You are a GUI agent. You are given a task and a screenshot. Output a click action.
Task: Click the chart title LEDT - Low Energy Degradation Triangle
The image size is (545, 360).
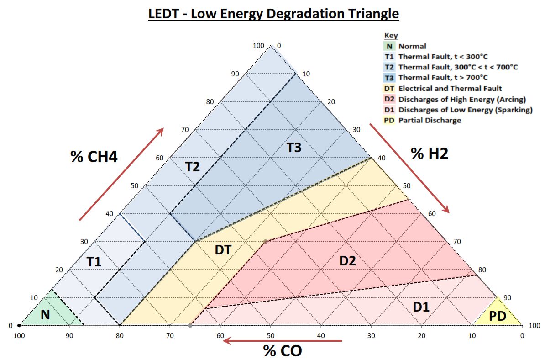(273, 14)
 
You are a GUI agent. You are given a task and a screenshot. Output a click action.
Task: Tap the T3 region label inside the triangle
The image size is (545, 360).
(294, 148)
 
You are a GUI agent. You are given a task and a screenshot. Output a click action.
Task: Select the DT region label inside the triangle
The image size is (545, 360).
(223, 249)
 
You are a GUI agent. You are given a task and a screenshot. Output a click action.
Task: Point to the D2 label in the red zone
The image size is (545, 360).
(347, 261)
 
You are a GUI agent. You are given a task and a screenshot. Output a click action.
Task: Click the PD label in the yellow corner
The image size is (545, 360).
(498, 316)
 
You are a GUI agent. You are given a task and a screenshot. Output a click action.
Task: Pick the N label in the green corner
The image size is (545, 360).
(45, 314)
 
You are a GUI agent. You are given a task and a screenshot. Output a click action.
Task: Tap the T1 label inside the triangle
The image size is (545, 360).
(94, 262)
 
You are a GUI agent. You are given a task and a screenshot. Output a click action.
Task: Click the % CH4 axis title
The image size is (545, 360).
(94, 157)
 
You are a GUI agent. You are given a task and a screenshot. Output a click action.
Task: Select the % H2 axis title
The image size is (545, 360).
(430, 154)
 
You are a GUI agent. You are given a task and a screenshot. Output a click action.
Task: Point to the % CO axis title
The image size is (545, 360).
(283, 351)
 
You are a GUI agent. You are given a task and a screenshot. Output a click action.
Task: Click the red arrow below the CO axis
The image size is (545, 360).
(285, 340)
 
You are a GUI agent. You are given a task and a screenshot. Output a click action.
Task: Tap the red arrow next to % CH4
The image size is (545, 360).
(121, 174)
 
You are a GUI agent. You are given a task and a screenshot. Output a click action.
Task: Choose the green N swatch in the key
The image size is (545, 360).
(389, 46)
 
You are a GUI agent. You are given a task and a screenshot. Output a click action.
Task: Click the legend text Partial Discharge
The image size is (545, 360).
(430, 121)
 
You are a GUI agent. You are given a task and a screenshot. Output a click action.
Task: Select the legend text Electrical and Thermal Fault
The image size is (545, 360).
(450, 89)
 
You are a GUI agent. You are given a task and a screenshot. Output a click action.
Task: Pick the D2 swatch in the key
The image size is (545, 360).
(389, 99)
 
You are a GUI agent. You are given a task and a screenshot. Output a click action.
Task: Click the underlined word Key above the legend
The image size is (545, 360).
(391, 36)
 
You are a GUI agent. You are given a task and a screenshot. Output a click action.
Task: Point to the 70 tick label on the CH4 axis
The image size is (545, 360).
(185, 130)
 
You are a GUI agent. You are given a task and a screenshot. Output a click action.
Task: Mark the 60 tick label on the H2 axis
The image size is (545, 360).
(432, 213)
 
